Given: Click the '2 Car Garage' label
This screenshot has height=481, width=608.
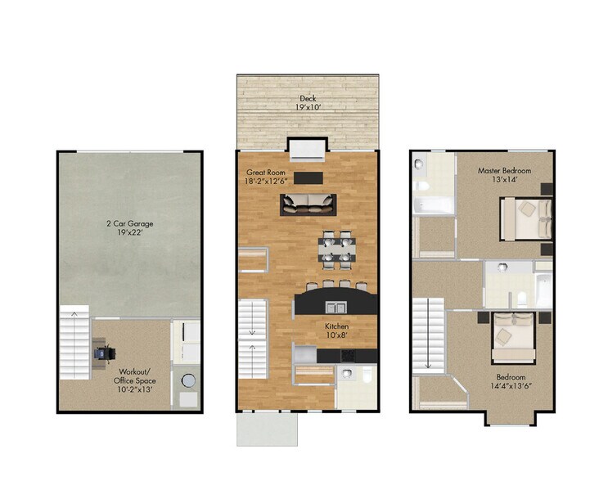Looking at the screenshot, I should (129, 223).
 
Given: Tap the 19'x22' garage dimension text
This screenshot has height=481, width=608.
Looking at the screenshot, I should (129, 233).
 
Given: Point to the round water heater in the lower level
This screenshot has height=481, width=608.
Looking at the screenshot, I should (187, 382).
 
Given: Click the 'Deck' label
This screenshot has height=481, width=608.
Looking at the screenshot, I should (308, 97).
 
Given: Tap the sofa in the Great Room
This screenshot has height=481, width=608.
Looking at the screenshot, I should (308, 203).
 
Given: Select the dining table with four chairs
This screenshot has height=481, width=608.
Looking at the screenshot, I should (336, 249).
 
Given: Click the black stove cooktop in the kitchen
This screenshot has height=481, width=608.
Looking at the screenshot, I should (349, 355).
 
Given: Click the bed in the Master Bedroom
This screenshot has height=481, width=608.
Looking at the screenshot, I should (525, 218).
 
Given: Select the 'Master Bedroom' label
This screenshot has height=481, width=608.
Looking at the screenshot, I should (504, 171).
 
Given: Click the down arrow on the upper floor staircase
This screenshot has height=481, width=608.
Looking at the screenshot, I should (427, 360).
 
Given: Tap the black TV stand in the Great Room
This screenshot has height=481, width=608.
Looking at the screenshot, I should (309, 178).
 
